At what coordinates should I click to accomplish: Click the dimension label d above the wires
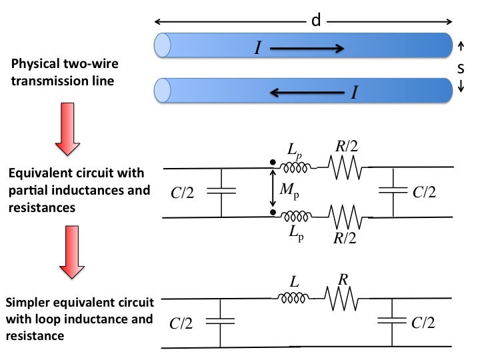point(316,21)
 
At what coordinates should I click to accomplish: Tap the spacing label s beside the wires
point(461,68)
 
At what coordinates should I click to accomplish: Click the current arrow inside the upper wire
point(307,49)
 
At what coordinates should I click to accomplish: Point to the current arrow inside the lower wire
point(307,92)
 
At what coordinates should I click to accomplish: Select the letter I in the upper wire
point(258,48)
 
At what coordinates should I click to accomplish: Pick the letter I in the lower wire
point(354,92)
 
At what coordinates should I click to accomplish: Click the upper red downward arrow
point(67,129)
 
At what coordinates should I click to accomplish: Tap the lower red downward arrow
point(71,252)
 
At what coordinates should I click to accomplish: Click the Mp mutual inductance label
point(289,191)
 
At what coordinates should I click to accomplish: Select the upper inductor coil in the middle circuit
point(294,167)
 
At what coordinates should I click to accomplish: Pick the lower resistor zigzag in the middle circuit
point(345,217)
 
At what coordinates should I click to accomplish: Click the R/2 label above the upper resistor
point(347,146)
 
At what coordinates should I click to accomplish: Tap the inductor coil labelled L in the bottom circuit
point(293,298)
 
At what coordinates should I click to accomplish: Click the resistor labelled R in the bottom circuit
point(341,299)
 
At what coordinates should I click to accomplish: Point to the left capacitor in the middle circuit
point(221,191)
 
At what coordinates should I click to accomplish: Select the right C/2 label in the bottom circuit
point(423,323)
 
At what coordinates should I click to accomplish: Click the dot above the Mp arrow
point(273,162)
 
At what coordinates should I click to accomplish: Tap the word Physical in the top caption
point(35,64)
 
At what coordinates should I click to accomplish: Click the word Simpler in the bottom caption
point(27,303)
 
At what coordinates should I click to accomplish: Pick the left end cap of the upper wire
point(162,45)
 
